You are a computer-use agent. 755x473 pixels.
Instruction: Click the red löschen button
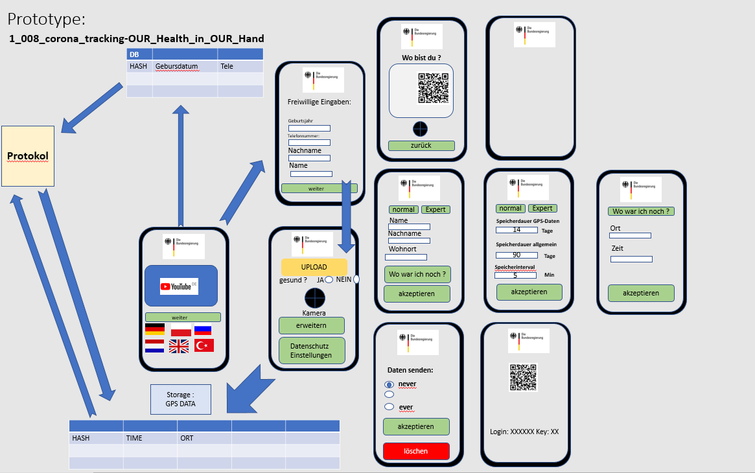click(416, 451)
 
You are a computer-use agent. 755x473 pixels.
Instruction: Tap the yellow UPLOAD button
click(314, 267)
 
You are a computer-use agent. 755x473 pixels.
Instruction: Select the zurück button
click(421, 146)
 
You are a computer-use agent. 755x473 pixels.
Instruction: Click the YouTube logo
click(179, 286)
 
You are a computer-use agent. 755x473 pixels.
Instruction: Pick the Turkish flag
click(204, 345)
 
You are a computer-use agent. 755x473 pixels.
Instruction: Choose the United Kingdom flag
click(179, 347)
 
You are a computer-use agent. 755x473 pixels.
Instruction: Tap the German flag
click(155, 329)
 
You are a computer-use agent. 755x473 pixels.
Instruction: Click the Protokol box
click(28, 156)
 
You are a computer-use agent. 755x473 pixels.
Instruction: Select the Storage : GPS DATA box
click(181, 399)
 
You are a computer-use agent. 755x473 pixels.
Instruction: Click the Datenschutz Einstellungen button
click(312, 351)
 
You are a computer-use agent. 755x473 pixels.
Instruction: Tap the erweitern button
click(312, 325)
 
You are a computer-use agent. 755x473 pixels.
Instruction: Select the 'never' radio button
click(389, 384)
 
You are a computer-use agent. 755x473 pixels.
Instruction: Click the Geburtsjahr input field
click(309, 128)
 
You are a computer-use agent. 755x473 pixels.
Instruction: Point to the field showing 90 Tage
click(517, 255)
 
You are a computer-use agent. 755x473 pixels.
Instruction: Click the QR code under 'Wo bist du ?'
click(433, 88)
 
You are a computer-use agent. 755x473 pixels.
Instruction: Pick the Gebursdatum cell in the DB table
click(185, 67)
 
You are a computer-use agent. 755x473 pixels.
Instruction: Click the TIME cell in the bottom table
click(150, 439)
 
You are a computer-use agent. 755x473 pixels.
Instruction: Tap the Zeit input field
click(631, 259)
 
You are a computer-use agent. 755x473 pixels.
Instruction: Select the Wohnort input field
click(406, 257)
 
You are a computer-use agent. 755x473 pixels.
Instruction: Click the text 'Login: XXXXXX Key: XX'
click(524, 432)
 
